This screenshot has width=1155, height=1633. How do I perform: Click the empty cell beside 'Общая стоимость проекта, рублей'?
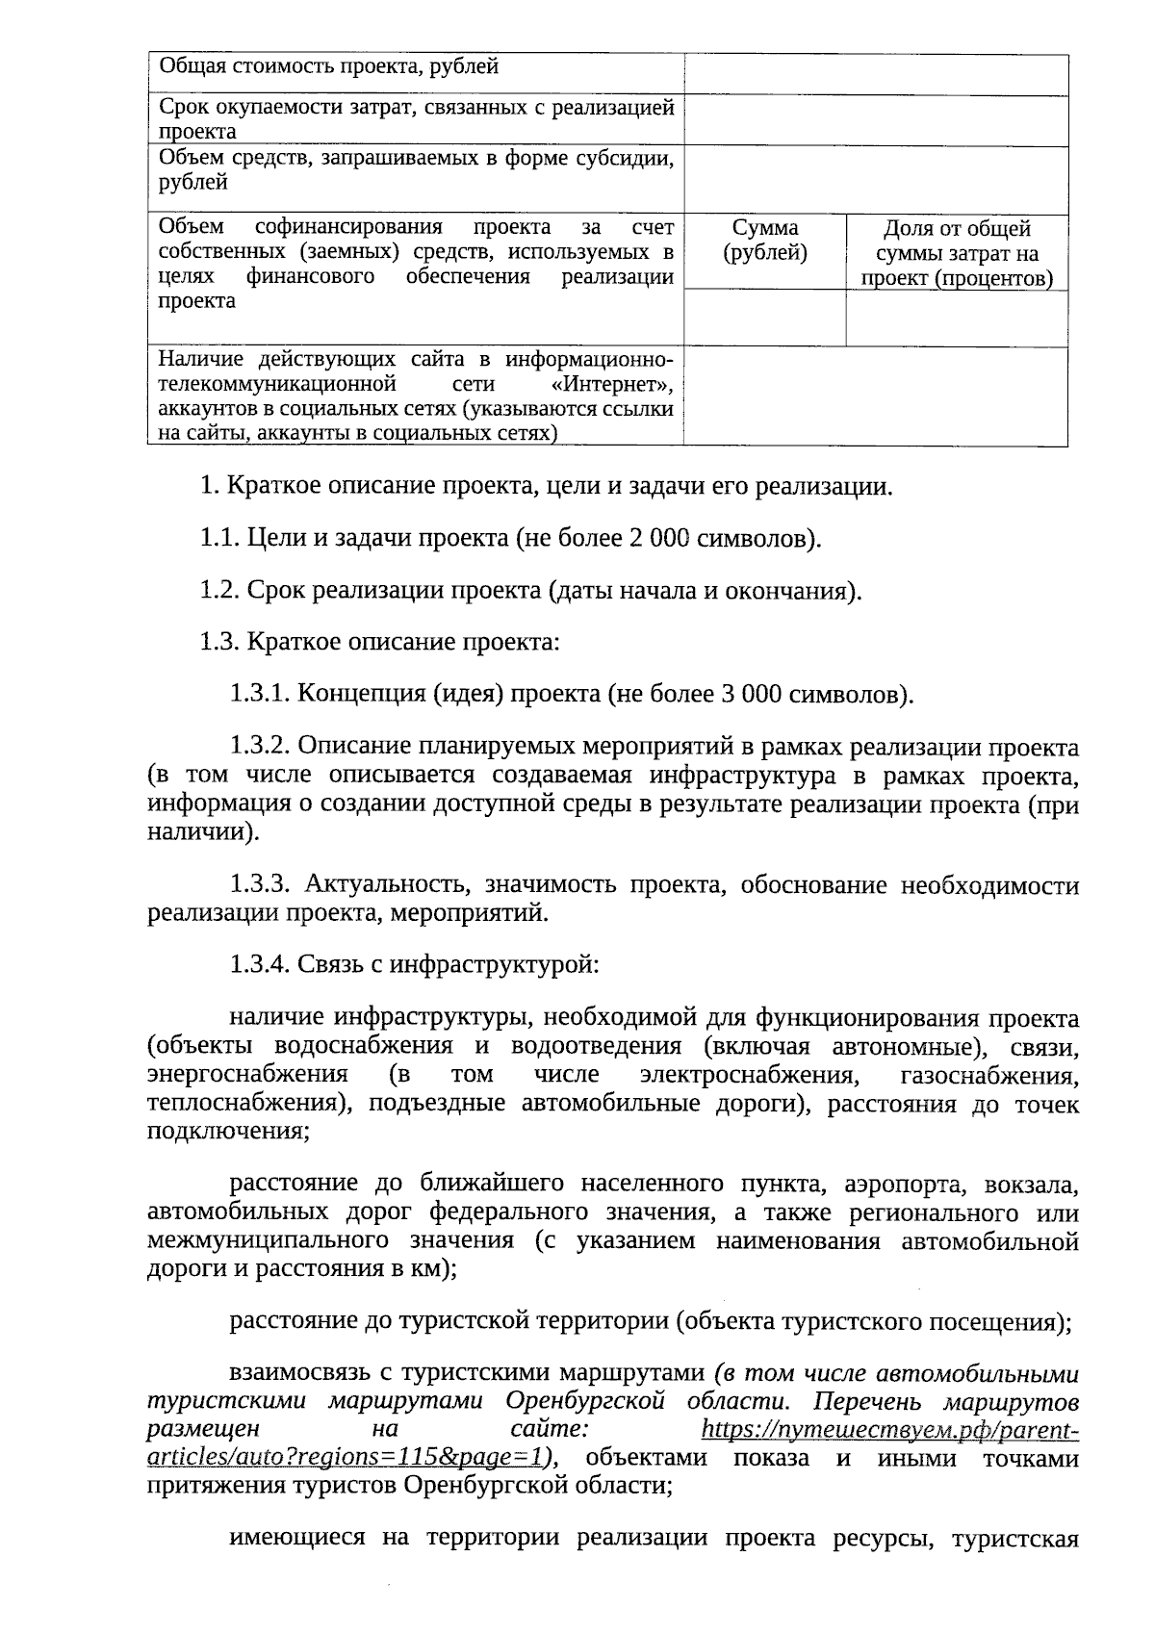click(x=876, y=74)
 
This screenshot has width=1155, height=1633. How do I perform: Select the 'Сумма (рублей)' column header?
click(x=765, y=241)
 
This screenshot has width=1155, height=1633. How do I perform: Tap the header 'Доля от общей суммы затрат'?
click(x=957, y=253)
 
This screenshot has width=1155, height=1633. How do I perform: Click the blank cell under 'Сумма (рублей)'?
click(x=765, y=318)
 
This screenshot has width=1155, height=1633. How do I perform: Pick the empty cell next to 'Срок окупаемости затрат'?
click(x=876, y=120)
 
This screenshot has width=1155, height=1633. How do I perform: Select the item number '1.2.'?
click(x=219, y=590)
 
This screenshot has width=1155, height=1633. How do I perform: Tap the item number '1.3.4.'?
click(x=259, y=963)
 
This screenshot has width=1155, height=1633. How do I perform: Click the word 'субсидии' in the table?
click(x=629, y=157)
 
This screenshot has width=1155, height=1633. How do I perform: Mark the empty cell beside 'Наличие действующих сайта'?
click(x=876, y=396)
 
